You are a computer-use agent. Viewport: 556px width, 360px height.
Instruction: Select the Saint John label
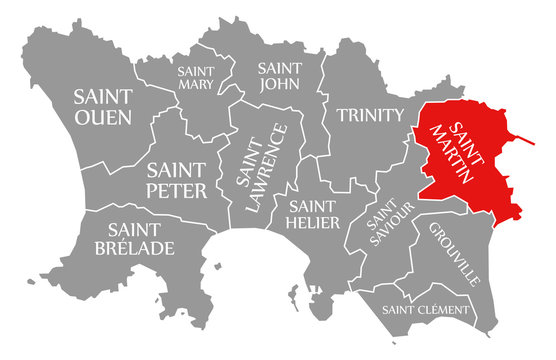click(281, 77)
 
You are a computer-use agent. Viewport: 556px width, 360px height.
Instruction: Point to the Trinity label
click(368, 115)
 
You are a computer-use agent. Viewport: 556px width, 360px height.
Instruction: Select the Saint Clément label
click(425, 310)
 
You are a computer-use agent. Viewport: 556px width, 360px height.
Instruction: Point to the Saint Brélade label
click(134, 237)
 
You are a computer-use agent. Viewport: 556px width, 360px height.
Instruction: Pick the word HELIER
click(313, 222)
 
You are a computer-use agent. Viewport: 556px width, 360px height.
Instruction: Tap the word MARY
click(195, 85)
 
